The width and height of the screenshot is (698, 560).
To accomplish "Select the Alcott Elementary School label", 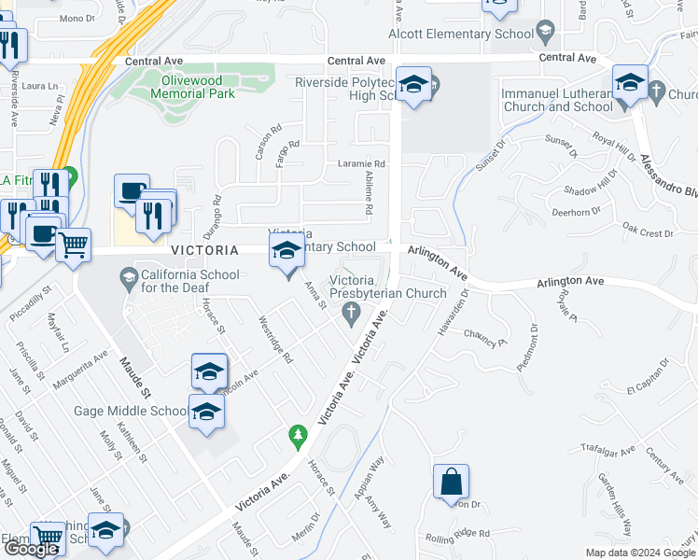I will coord(454,35).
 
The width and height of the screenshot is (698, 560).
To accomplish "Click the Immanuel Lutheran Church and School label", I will coord(556,101).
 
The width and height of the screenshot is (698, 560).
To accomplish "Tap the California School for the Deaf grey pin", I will coord(128,276).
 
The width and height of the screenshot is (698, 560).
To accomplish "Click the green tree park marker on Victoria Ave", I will coord(298,435).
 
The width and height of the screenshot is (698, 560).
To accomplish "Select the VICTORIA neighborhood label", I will coord(204,251).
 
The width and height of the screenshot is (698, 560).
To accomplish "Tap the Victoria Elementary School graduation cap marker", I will coord(286,250).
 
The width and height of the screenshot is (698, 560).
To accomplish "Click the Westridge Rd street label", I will coord(275,340).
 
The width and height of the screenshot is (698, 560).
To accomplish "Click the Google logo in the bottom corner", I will coord(31,549).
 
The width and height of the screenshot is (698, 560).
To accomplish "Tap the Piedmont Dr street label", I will coord(528,346).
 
